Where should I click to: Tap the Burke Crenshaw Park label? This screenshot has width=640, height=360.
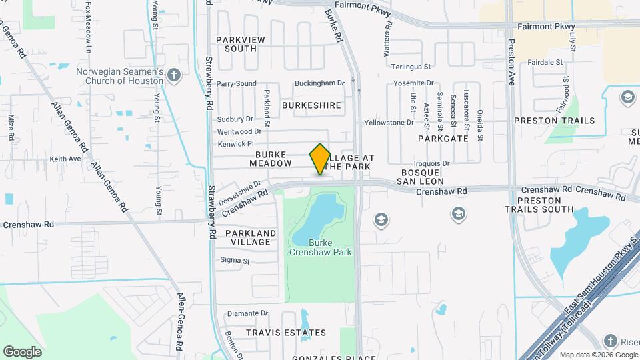pos(320,247)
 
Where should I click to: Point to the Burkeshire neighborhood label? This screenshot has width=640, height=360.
pos(311,105)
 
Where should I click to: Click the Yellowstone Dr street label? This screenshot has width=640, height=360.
pos(389,123)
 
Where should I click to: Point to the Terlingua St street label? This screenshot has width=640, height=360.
pos(411,67)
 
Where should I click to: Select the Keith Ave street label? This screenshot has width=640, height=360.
pos(65,159)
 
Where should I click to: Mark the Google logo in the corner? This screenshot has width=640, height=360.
pos(22,351)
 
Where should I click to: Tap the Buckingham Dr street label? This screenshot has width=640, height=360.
pos(321,83)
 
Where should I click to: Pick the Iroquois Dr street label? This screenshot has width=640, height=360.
pos(433,163)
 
